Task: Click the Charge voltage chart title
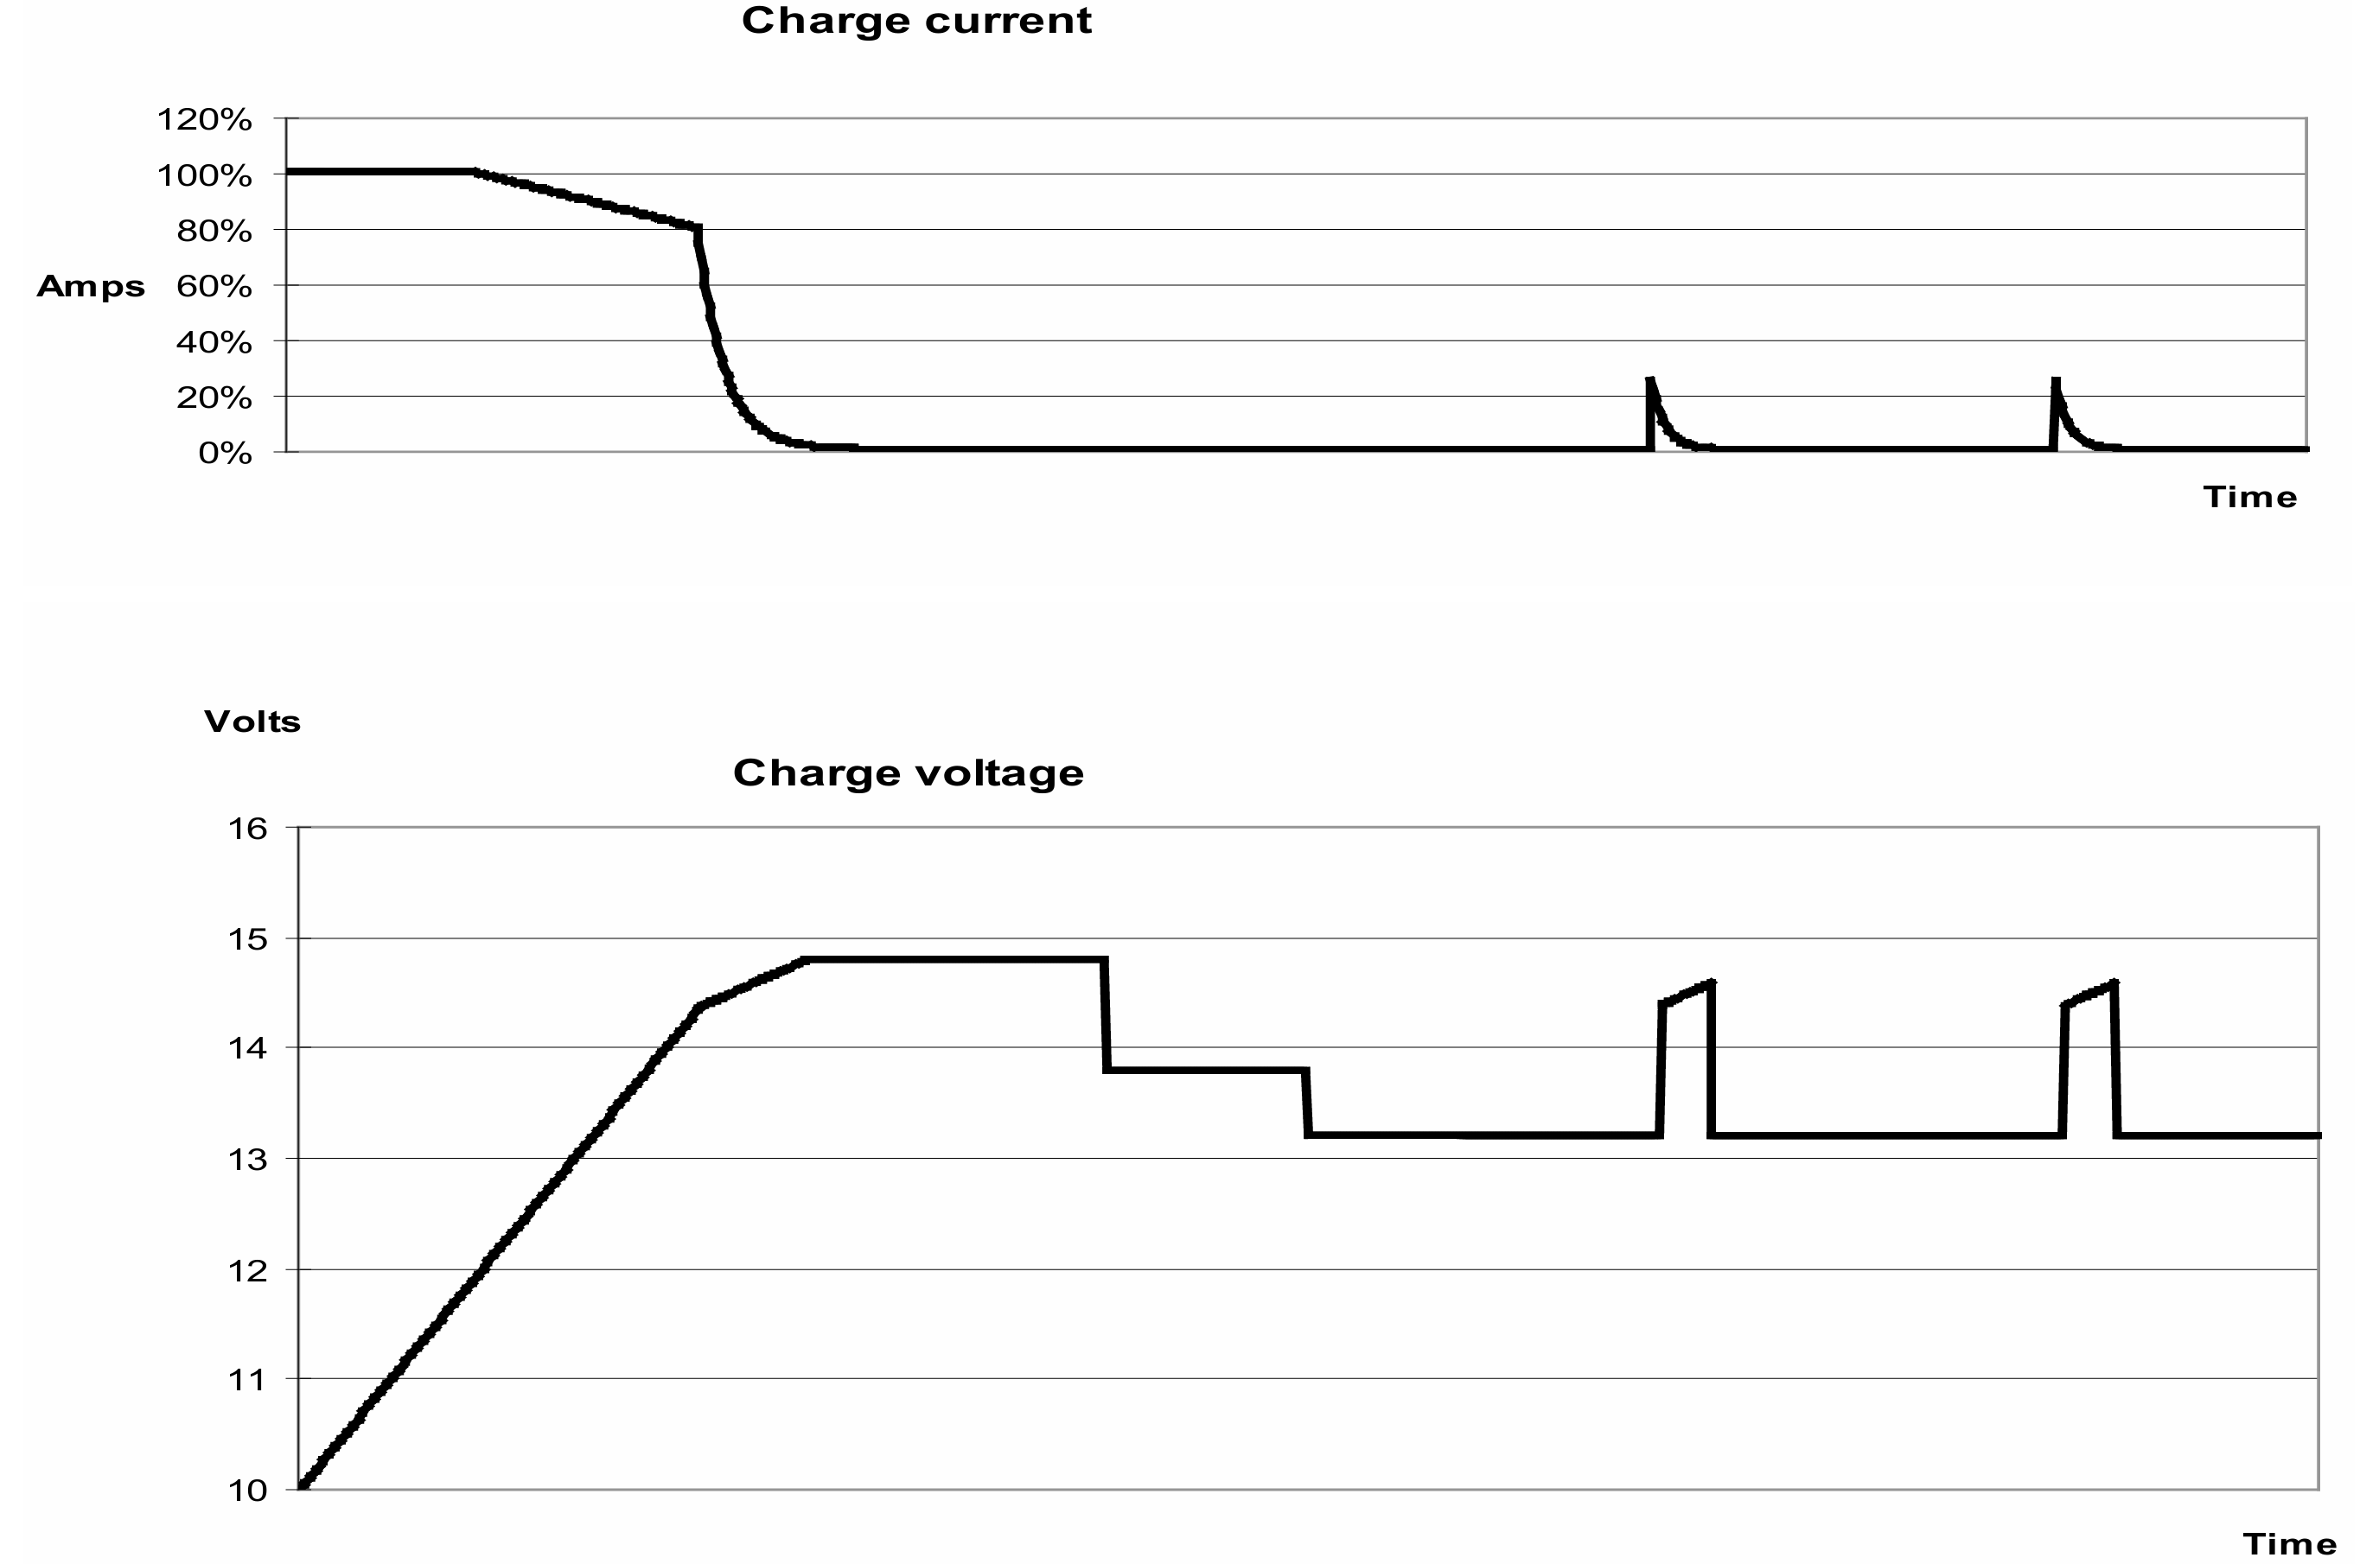[909, 773]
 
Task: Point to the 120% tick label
[204, 120]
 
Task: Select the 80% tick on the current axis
[214, 231]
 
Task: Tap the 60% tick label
[214, 287]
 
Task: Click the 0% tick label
[225, 454]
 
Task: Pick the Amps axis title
[91, 287]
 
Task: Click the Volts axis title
[252, 722]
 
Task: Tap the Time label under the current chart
[2250, 497]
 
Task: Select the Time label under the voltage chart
[2291, 1544]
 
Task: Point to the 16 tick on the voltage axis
[249, 829]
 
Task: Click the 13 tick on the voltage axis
[249, 1160]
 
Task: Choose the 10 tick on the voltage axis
[249, 1491]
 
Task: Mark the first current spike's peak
[1649, 379]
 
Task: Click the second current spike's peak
[2055, 379]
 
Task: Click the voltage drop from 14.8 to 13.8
[1106, 1015]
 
